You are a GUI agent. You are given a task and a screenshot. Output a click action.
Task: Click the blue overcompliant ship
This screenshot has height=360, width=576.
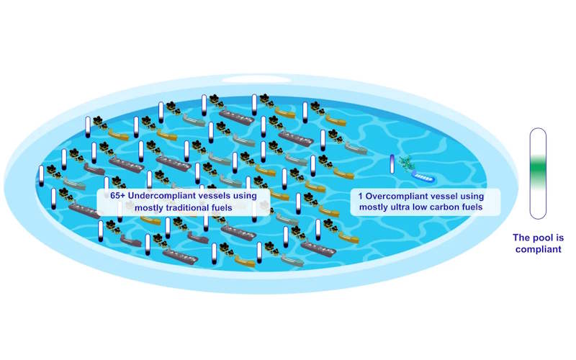click(423, 176)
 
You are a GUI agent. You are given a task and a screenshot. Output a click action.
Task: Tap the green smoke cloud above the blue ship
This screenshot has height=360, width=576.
click(406, 163)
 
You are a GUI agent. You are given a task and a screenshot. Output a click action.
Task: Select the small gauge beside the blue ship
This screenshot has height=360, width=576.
click(392, 164)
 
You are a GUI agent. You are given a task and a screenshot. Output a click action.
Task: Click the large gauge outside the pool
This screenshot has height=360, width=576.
click(538, 174)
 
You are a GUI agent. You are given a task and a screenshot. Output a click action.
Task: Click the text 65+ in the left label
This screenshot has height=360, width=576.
click(117, 195)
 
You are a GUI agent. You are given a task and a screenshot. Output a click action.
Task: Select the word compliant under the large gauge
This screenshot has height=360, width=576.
click(538, 249)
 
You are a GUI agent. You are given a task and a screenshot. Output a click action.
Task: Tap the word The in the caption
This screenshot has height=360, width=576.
click(521, 238)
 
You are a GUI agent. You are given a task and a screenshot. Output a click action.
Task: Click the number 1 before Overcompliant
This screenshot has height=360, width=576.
click(361, 196)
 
